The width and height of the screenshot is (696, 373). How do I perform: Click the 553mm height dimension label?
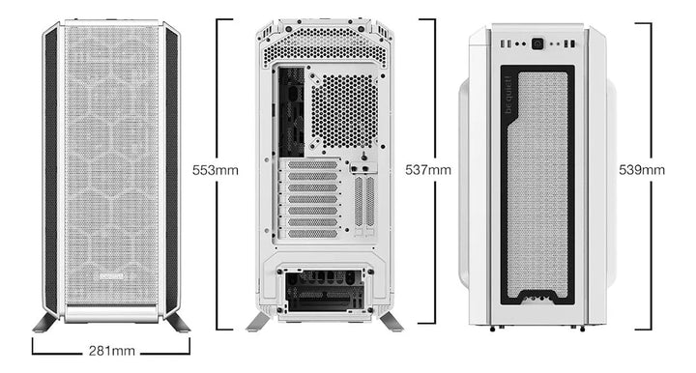(x=216, y=170)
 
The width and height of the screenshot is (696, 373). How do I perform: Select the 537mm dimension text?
(x=428, y=170)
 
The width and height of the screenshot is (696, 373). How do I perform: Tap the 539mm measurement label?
(x=642, y=170)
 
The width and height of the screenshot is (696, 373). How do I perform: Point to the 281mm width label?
(x=111, y=351)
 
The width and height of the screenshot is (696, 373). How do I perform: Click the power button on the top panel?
(x=535, y=43)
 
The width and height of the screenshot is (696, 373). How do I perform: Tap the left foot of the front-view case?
(x=46, y=321)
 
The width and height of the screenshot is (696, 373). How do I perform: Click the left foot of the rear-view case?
(x=259, y=321)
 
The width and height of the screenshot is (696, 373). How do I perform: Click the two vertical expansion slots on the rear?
(x=363, y=203)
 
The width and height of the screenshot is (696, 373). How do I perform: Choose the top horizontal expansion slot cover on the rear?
(x=312, y=165)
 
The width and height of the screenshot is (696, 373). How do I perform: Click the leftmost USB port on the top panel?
(x=505, y=43)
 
